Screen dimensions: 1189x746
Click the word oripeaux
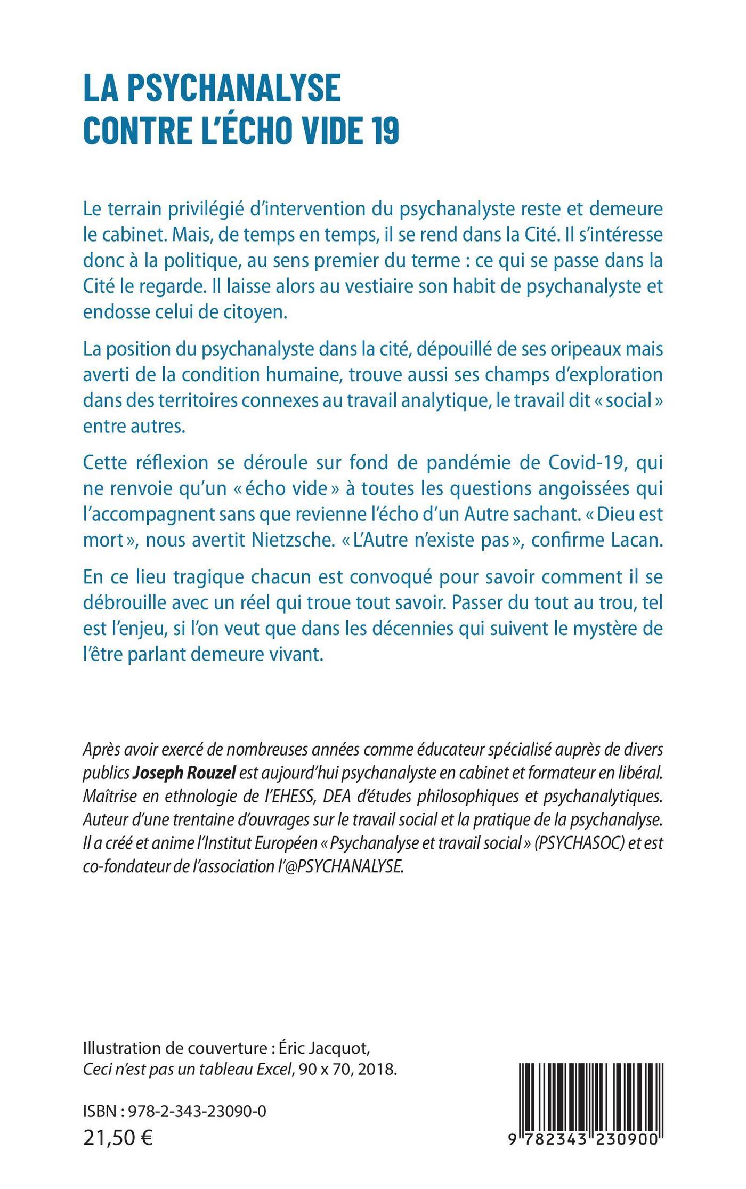click(x=570, y=349)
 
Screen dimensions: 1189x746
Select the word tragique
click(x=197, y=577)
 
